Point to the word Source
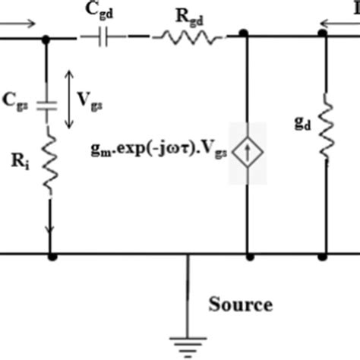click(x=241, y=306)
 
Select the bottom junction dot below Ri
click(x=51, y=257)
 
